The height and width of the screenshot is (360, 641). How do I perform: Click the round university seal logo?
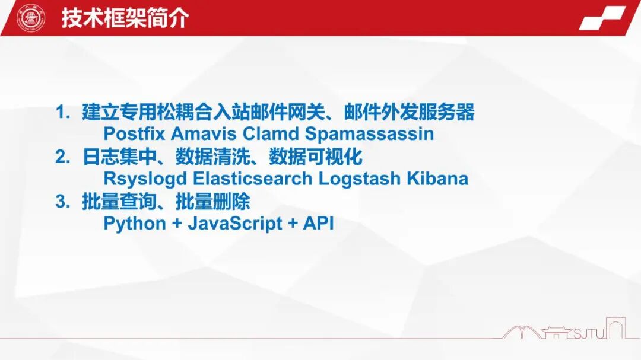click(x=31, y=18)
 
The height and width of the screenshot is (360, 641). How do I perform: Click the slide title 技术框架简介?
click(x=125, y=18)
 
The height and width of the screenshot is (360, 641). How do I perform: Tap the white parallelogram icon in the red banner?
click(x=602, y=18)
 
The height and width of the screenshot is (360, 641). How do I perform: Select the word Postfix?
click(x=134, y=133)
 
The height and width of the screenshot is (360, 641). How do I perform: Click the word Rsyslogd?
click(x=145, y=179)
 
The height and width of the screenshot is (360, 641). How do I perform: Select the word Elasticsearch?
click(x=253, y=179)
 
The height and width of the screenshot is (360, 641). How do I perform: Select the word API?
click(x=319, y=223)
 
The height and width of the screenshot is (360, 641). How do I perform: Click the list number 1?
click(x=62, y=112)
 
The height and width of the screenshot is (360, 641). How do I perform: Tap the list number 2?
click(x=62, y=157)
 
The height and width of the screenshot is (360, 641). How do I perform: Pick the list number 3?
click(x=62, y=202)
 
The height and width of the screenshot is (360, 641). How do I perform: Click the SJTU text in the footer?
click(x=589, y=334)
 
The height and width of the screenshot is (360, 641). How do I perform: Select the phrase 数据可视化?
click(x=316, y=157)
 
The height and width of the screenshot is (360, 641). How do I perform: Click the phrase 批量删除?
click(x=213, y=202)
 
